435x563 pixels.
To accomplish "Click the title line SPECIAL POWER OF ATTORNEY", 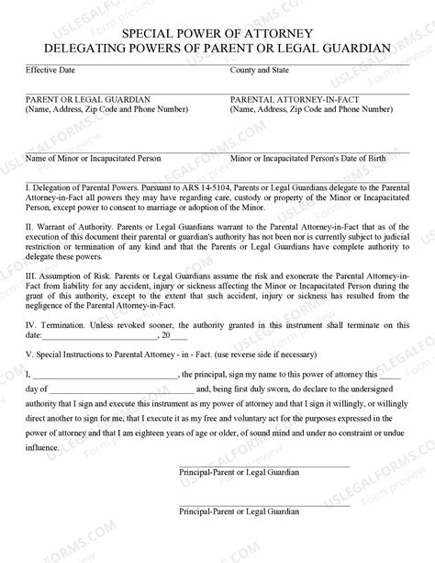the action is coord(217,30).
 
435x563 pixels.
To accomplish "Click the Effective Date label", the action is coord(51,69).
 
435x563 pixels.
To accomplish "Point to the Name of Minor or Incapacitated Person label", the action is coord(94,158).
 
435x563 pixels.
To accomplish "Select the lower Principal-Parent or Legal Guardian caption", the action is coord(240,535).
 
